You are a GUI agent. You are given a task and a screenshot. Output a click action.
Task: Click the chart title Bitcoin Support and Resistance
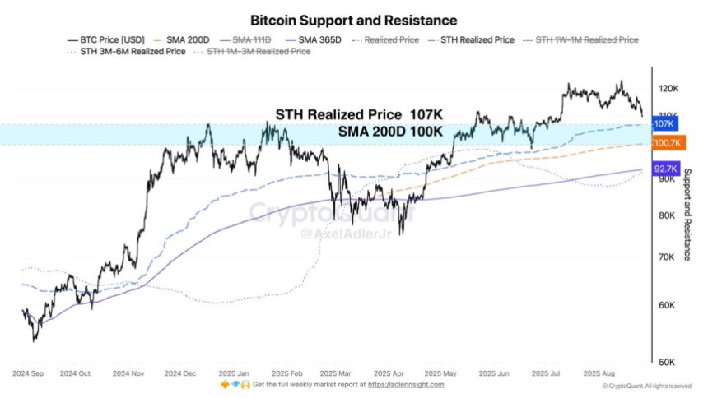pos(353,19)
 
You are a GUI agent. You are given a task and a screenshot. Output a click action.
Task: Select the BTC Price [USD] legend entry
pos(111,39)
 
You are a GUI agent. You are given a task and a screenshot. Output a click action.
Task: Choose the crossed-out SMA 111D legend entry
pos(250,39)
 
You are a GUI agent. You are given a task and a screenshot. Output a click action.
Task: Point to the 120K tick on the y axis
pos(668,89)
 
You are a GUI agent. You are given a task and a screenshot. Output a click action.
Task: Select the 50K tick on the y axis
pos(667,363)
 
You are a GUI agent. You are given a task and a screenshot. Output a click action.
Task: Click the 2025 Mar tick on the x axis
pos(335,373)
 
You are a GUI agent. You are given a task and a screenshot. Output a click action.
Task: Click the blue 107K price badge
pos(664,123)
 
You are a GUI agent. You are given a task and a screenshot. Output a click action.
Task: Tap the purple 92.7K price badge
pos(664,169)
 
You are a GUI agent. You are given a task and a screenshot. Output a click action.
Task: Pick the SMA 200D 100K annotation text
pos(390,131)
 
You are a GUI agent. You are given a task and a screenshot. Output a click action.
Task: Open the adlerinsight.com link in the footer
pos(406,384)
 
